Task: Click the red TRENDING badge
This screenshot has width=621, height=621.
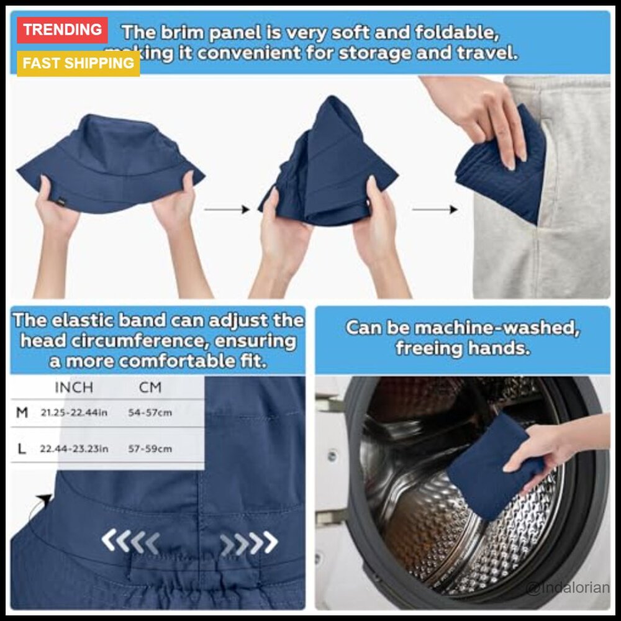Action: (x=63, y=30)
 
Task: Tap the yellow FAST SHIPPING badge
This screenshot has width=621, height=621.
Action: (x=78, y=63)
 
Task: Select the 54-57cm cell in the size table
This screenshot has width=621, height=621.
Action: (x=150, y=412)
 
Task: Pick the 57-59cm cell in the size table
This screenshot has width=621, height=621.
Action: (x=150, y=448)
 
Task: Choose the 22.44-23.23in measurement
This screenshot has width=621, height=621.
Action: (x=74, y=448)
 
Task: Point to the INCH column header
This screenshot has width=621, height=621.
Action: (x=74, y=388)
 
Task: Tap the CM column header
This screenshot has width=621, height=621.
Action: (x=150, y=388)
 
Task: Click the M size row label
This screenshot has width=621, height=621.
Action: (x=22, y=412)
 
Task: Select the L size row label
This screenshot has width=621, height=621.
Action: (x=22, y=448)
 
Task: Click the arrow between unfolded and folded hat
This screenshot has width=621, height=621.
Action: (x=227, y=210)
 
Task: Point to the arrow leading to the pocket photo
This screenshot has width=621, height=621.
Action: (x=435, y=210)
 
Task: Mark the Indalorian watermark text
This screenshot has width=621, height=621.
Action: (x=568, y=587)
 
